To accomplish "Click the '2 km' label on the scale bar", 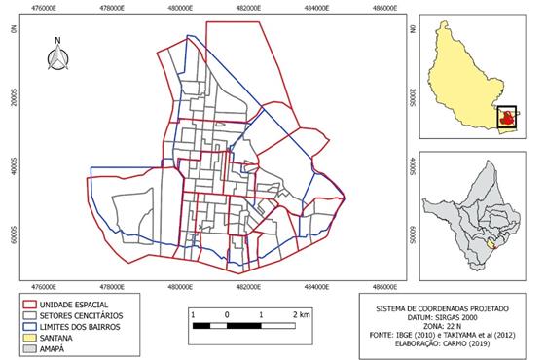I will click(x=301, y=316).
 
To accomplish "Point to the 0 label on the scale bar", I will click(x=226, y=316).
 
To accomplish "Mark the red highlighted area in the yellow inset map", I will click(x=506, y=118).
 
